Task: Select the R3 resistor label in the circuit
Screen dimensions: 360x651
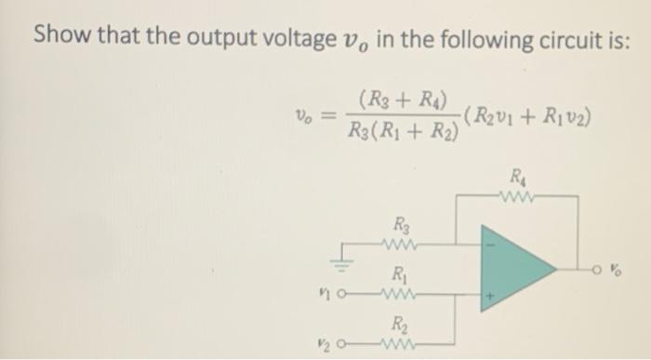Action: (x=401, y=224)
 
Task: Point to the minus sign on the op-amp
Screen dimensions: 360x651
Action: (x=494, y=247)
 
